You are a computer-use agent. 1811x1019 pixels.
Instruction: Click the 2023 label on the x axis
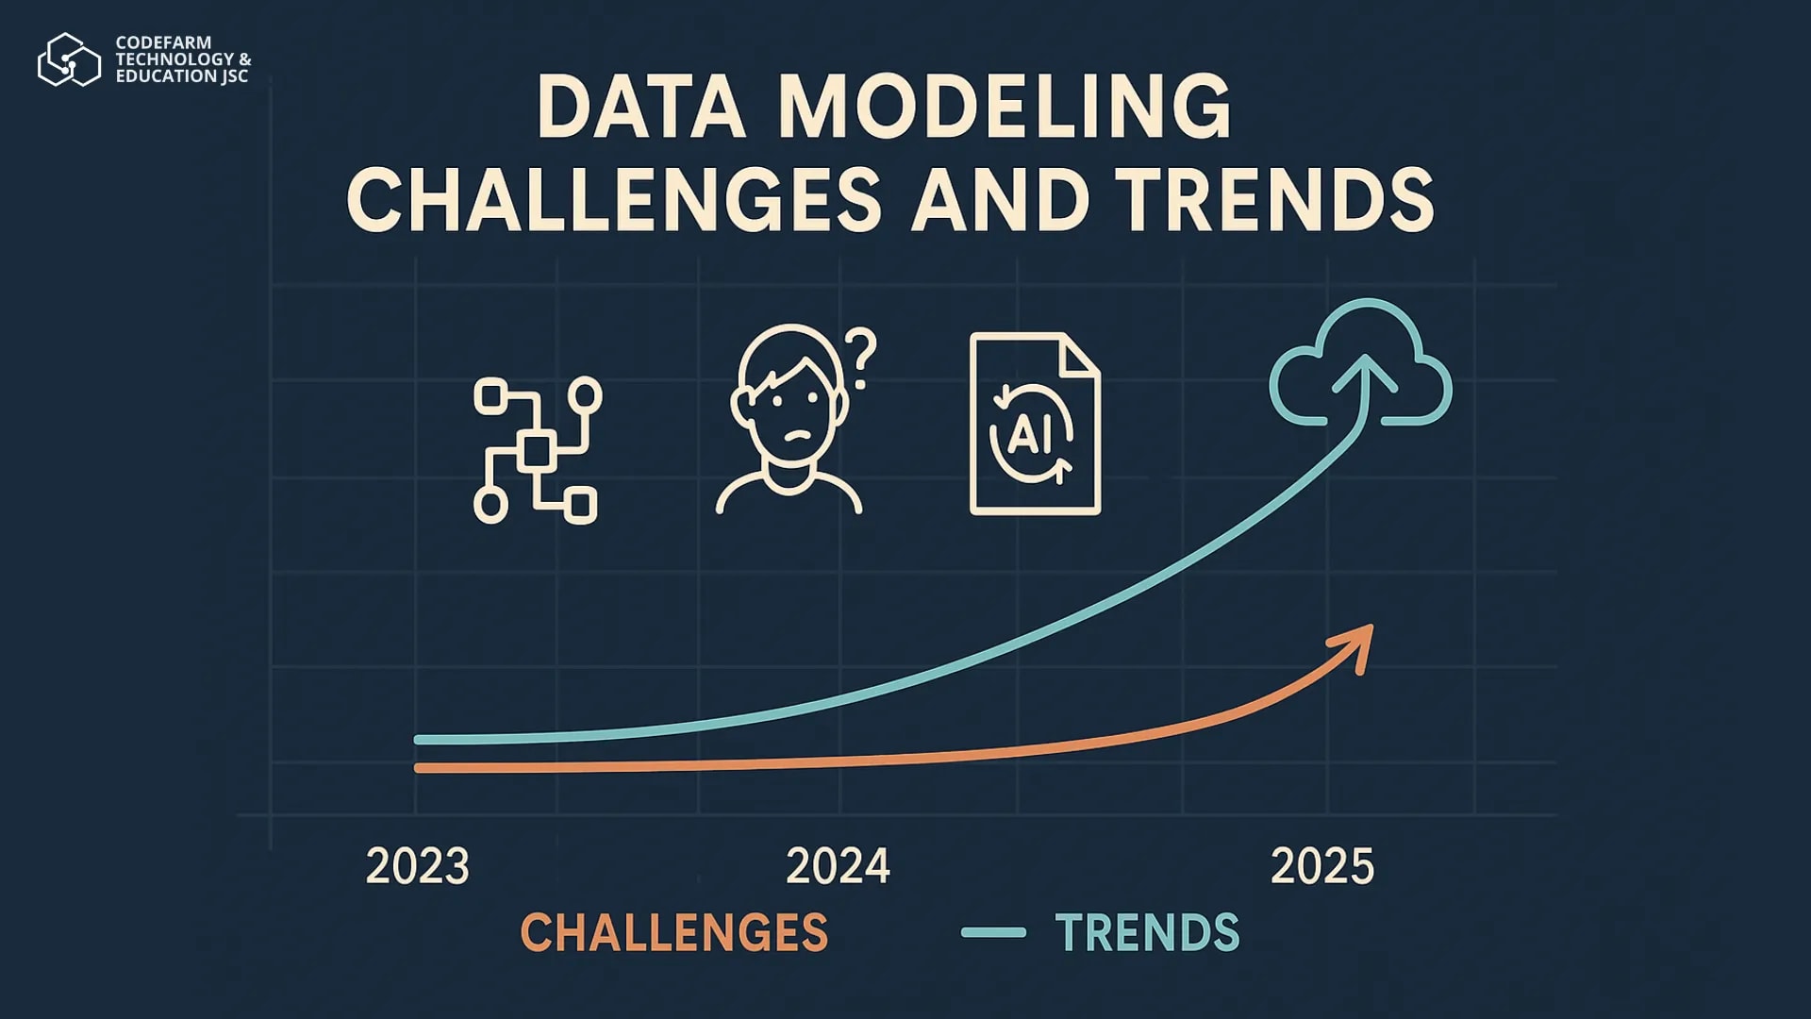point(417,866)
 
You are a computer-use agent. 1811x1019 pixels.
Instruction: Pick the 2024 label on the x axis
point(838,866)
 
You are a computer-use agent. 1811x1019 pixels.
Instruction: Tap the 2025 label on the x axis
point(1322,866)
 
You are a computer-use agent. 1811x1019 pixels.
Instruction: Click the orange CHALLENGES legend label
point(674,932)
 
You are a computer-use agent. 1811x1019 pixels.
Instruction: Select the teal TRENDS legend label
point(1147,932)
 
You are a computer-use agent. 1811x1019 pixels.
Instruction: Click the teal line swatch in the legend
point(993,932)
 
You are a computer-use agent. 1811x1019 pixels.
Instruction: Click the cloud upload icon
point(1361,363)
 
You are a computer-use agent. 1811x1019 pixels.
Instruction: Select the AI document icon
point(1036,424)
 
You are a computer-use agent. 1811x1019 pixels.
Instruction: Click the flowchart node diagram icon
point(537,450)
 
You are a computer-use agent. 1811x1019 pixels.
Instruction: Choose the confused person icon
point(789,420)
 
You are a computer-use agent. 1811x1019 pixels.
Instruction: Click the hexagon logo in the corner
point(69,59)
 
